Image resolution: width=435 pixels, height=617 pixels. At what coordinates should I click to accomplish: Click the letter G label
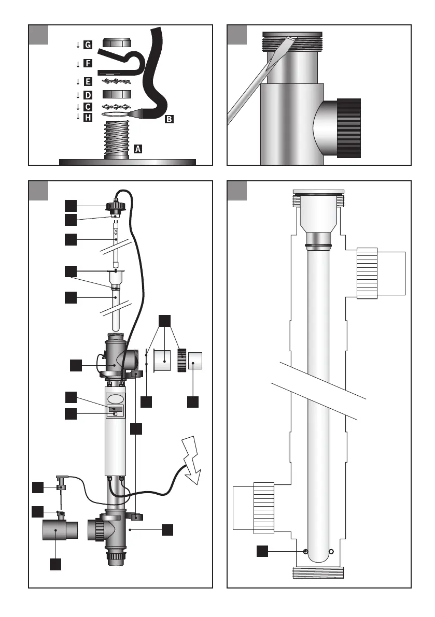tap(88, 45)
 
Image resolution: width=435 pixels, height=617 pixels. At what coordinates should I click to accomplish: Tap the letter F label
tap(88, 64)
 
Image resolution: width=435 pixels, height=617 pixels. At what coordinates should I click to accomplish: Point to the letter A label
tap(137, 149)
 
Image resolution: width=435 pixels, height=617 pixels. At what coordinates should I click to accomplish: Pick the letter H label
tap(88, 118)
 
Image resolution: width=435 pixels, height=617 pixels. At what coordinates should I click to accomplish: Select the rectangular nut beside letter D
tap(117, 95)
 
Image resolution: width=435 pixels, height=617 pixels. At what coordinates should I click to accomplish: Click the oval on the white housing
tap(117, 399)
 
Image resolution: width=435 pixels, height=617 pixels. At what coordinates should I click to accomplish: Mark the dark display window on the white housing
tap(115, 409)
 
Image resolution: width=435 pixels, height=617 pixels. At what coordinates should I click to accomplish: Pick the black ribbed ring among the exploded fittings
tap(181, 360)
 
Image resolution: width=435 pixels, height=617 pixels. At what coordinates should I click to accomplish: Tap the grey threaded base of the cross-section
tap(318, 572)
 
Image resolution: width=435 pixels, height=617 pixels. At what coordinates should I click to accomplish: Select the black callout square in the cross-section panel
tap(263, 551)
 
